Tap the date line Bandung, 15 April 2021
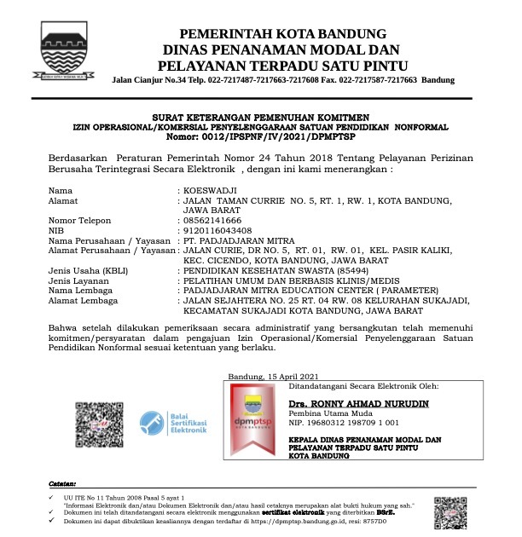[273, 378]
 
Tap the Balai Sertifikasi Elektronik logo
[174, 422]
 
